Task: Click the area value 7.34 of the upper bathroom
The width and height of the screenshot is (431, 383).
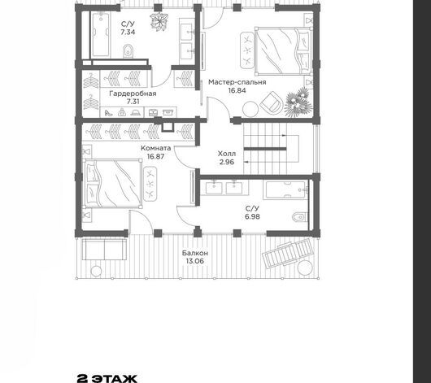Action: coord(128,32)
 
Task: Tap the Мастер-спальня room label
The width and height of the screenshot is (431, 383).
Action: coord(237,82)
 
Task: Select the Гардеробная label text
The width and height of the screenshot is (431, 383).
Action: coord(133,94)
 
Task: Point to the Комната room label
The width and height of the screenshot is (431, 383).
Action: coord(156,148)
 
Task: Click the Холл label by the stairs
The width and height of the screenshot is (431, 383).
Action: coord(227,154)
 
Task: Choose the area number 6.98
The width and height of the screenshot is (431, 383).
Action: coord(252,216)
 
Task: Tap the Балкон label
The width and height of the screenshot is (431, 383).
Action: coord(195,253)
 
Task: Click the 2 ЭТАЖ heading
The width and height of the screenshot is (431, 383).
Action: coord(107,378)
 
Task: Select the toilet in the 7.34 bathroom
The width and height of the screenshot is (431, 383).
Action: coord(128,51)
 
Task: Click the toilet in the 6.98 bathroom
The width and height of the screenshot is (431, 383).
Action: coord(298,217)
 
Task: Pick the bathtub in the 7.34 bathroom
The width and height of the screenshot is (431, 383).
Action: coord(100,34)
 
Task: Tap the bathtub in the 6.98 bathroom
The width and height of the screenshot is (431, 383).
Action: coord(285,189)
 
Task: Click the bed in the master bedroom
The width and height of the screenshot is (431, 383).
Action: coord(283,50)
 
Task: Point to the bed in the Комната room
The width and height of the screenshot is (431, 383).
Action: coord(113,184)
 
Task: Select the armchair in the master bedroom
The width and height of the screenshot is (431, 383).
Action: coord(272,102)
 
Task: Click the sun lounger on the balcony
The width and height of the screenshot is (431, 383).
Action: coord(287,254)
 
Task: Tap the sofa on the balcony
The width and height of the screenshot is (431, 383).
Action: coord(104,250)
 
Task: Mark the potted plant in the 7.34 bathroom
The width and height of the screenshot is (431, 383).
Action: coord(159,20)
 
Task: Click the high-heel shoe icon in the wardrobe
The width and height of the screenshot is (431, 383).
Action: coord(107,112)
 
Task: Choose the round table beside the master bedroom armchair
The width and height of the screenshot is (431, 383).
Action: coord(250,109)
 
